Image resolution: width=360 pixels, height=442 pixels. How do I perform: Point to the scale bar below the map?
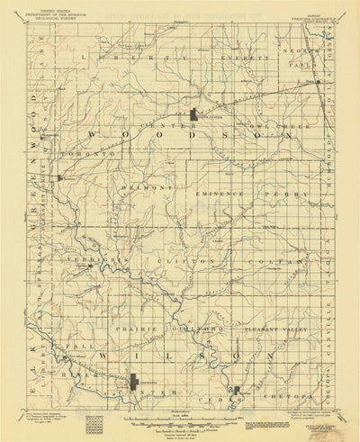(180, 420)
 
